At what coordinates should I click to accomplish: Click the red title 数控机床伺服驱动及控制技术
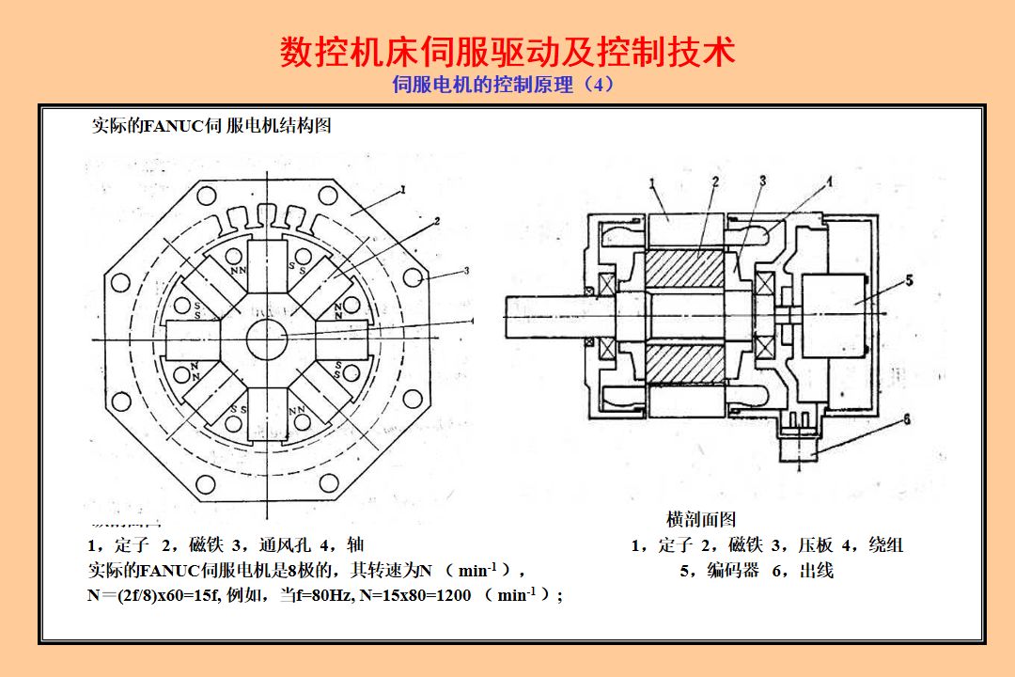click(507, 52)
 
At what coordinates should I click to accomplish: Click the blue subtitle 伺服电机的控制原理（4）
click(504, 85)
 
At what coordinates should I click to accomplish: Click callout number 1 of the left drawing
click(403, 190)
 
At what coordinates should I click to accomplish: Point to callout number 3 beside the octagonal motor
click(466, 271)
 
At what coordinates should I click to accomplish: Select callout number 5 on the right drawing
click(910, 280)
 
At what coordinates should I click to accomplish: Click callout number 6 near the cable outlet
click(906, 420)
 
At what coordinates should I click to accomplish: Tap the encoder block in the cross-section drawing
click(832, 304)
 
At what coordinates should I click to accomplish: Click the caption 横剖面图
click(701, 519)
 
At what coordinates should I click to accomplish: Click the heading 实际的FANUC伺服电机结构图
click(211, 126)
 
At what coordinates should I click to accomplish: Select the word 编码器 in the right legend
click(733, 571)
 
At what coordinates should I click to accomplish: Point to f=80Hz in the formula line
click(322, 595)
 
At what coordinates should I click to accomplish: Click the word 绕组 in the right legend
click(885, 545)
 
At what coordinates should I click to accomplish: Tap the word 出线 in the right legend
click(817, 571)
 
